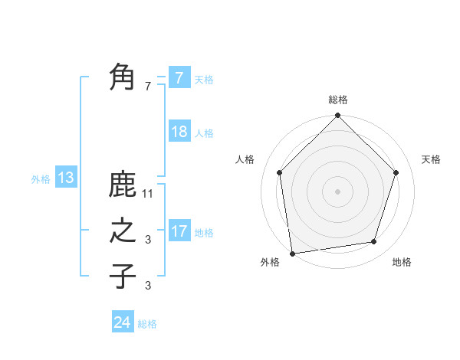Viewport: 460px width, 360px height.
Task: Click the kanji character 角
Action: (123, 77)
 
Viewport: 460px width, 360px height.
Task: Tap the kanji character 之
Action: (123, 231)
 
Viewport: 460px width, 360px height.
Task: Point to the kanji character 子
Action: (123, 276)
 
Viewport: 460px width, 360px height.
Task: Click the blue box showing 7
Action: (179, 77)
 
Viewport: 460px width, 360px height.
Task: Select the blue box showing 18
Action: (179, 132)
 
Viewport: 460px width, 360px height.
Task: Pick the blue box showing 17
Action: (179, 231)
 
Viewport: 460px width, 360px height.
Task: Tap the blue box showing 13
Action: (65, 178)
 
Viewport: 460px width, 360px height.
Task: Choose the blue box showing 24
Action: (122, 322)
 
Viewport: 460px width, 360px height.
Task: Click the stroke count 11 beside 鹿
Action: (148, 194)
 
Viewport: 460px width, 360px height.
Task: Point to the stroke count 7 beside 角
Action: (148, 87)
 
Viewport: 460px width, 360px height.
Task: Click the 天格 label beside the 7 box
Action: (204, 79)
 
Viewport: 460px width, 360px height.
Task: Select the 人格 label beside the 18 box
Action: (204, 133)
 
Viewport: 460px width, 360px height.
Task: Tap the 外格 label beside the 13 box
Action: (41, 179)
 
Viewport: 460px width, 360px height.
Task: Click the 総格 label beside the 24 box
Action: (147, 324)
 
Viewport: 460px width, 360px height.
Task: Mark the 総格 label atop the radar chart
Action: (338, 100)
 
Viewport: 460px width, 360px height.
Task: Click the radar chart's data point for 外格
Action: (292, 253)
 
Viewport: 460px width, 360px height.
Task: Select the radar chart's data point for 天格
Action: (396, 172)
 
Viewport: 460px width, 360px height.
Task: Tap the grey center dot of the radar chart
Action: (338, 191)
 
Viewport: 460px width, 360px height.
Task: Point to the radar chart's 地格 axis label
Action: (402, 262)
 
